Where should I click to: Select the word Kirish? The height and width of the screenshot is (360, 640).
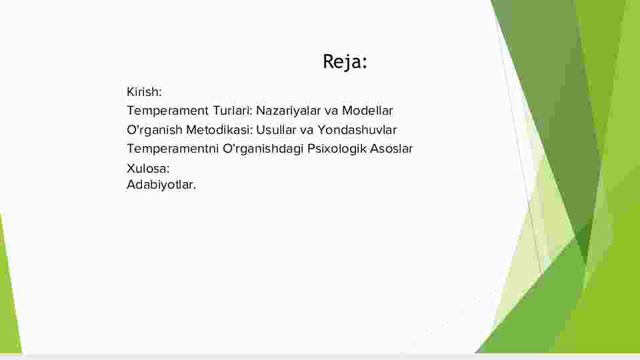coord(144,92)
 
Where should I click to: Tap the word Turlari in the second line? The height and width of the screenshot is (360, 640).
coord(232,111)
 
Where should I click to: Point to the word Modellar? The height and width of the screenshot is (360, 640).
coord(367,111)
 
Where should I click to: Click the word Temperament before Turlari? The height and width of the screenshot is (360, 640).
coord(168,111)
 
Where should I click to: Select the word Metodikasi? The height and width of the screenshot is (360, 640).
coord(219,130)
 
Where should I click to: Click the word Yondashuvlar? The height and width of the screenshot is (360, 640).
coord(357,130)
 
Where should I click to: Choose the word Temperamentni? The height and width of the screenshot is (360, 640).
coord(173,149)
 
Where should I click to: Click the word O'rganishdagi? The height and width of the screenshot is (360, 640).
coord(263,149)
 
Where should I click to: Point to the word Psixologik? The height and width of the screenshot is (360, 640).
coord(337,149)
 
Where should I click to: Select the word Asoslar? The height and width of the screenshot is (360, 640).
coord(391,149)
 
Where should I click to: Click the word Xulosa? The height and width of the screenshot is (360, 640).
coord(148,169)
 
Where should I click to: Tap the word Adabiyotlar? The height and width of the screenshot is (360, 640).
coord(161,185)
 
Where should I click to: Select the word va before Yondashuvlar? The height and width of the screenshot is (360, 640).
coord(307,130)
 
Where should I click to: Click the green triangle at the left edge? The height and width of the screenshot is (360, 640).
coord(8,294)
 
